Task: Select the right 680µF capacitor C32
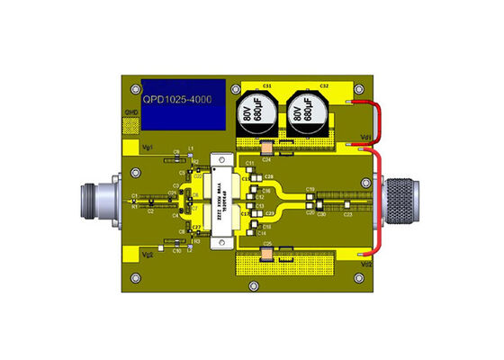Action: (x=306, y=113)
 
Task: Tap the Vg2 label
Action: (x=149, y=255)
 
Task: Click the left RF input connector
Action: (x=99, y=200)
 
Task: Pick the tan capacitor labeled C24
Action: (x=267, y=148)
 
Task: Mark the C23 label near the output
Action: (x=347, y=214)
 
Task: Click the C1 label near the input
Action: (x=134, y=195)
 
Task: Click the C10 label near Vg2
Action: (x=177, y=251)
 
